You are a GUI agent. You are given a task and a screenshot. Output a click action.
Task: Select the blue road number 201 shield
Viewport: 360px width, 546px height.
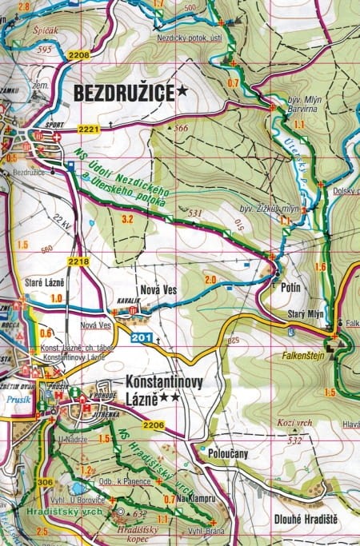(142, 337)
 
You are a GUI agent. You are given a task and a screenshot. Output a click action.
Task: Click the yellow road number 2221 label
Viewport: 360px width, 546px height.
(88, 129)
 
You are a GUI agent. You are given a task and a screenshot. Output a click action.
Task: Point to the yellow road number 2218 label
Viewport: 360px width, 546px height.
(78, 261)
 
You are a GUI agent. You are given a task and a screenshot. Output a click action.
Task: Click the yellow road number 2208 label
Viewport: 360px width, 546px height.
(79, 55)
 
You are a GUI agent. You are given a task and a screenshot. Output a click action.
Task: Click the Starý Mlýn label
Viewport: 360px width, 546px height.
(306, 314)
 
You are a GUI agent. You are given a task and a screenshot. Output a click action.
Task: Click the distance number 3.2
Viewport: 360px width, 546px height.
(126, 218)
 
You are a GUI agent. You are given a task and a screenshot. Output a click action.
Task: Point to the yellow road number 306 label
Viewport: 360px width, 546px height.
(45, 482)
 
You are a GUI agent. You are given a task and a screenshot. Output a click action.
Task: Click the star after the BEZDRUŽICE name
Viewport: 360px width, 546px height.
(183, 93)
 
